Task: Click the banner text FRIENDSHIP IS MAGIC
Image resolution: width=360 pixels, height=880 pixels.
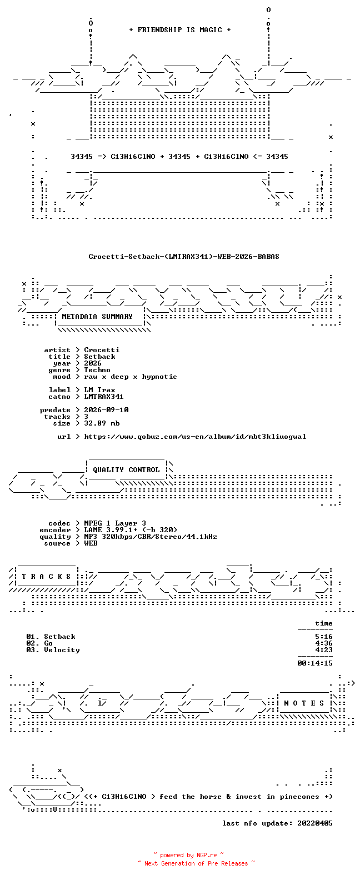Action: point(179,30)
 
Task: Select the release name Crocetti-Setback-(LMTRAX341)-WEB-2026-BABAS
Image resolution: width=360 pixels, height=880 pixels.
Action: point(184,257)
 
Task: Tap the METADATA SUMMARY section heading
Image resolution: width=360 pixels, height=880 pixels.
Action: point(97,317)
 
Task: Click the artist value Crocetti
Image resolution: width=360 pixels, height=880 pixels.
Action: point(102,350)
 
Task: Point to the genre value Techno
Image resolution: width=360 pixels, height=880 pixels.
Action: point(97,370)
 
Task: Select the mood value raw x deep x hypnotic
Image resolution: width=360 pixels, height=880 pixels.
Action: point(131,377)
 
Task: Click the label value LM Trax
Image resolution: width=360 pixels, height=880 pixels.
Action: point(99,390)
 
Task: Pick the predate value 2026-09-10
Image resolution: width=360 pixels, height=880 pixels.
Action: point(106,410)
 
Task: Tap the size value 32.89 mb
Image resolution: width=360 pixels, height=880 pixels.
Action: point(102,423)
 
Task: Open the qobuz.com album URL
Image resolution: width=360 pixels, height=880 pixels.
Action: point(195,437)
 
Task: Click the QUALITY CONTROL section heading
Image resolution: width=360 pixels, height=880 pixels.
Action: point(126,470)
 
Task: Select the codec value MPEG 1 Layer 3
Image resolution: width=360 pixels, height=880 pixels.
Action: point(115,524)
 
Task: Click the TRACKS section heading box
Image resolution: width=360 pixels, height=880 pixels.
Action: point(46,577)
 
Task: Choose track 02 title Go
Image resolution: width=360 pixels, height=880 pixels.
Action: point(48,643)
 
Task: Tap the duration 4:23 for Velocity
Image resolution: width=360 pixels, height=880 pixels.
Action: point(323,650)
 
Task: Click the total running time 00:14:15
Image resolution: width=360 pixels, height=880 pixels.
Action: point(315,663)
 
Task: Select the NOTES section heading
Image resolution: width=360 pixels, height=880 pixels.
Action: point(304,703)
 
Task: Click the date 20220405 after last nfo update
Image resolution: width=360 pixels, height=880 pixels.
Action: point(315,823)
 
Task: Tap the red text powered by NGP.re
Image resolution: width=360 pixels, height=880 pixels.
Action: point(188,855)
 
